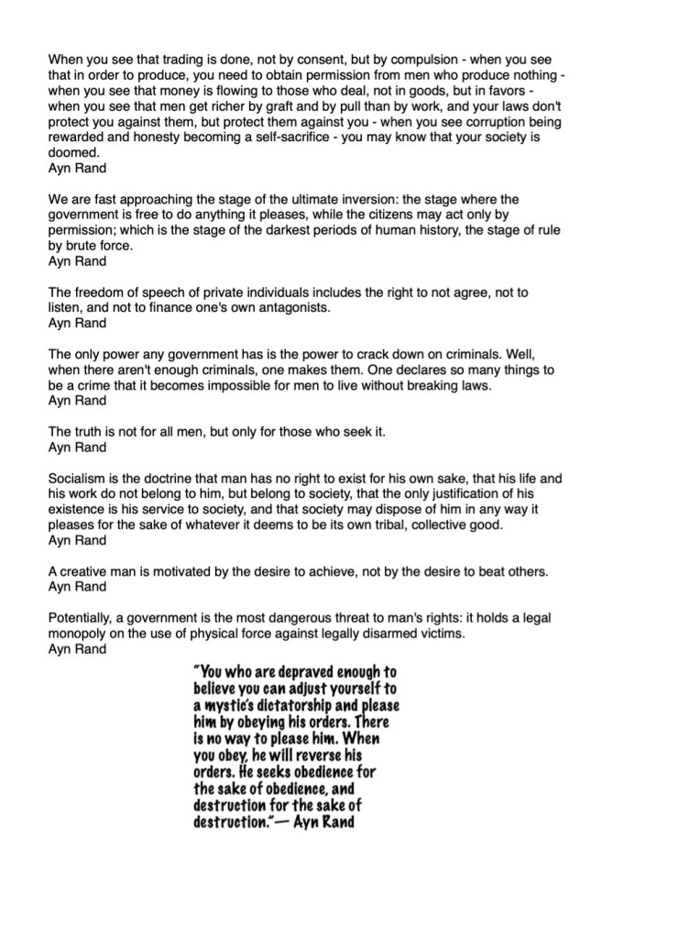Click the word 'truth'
click(x=92, y=432)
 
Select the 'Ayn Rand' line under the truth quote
click(x=77, y=447)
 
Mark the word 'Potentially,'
click(x=86, y=618)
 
